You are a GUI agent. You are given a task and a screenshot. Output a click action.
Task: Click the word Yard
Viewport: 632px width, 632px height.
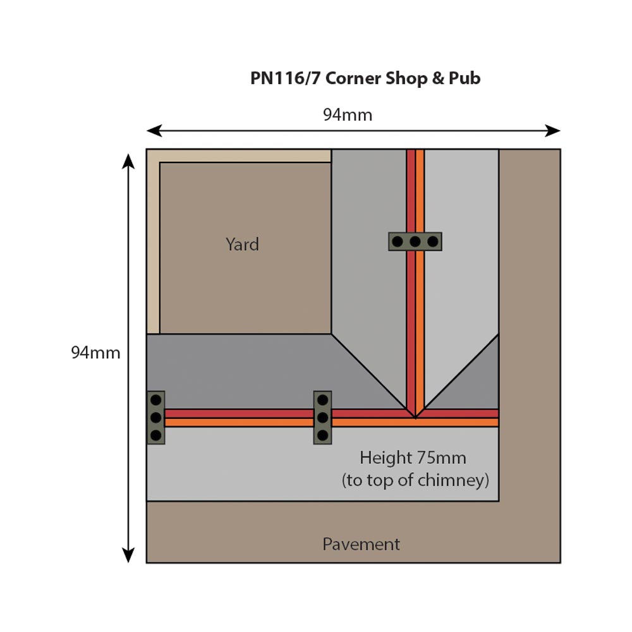(x=242, y=245)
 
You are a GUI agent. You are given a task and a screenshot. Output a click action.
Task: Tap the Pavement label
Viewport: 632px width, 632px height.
(x=361, y=544)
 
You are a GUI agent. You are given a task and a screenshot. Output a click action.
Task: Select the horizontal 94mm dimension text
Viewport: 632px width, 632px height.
(x=348, y=115)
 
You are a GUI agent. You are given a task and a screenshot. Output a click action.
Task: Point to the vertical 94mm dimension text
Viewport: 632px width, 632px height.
(x=95, y=353)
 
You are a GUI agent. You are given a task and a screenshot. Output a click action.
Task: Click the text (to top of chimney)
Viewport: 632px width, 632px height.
(x=415, y=480)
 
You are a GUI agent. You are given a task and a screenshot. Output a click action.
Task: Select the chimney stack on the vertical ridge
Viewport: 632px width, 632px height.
(x=415, y=241)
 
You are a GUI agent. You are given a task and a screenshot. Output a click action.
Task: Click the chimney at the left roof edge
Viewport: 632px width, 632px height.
(x=155, y=418)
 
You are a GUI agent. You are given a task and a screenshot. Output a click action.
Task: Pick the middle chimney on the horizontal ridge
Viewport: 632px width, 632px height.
(x=322, y=418)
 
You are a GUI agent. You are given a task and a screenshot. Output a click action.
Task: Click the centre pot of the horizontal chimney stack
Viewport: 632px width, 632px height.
(x=415, y=241)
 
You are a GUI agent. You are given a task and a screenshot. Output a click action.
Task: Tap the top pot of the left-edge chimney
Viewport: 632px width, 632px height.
(x=155, y=401)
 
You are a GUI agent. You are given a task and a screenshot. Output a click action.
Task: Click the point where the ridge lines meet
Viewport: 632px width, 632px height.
(x=415, y=418)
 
